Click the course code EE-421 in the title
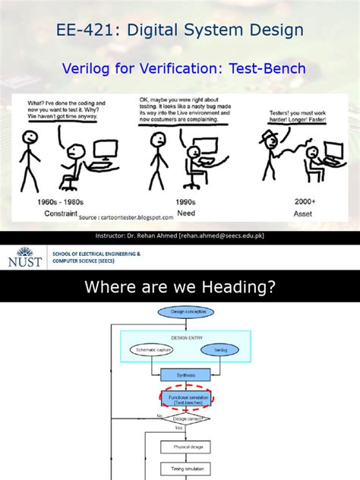(83, 30)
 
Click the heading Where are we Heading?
(179, 287)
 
